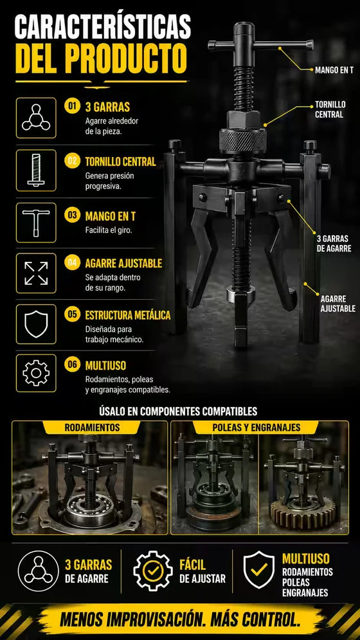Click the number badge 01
72,107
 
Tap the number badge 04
72,262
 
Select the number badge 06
72,365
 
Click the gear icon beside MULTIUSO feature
36,372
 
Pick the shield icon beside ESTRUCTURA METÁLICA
36,324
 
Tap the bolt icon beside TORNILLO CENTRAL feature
36,170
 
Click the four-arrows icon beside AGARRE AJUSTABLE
36,273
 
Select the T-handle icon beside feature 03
36,223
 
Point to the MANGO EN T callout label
334,70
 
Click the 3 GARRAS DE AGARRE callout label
334,244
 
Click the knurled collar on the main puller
242,142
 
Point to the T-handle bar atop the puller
260,44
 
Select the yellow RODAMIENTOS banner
92,427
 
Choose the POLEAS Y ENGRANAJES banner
256,427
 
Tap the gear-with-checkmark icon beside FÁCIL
152,571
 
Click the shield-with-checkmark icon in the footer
259,570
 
